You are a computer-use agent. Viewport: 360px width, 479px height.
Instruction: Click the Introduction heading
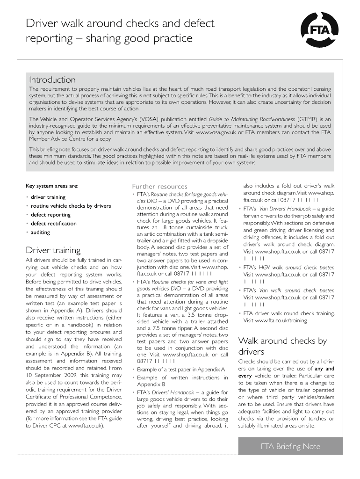pos(52,80)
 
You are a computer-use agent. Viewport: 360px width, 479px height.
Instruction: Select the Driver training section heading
pos(53,250)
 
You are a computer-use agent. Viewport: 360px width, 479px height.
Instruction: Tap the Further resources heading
pos(159,186)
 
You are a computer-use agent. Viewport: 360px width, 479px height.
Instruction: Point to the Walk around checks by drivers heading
pos(282,346)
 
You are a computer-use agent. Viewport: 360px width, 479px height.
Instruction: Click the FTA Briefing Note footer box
pos(290,446)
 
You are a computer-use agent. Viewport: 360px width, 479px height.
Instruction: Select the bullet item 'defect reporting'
pos(50,215)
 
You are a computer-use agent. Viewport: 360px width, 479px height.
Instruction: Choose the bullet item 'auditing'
pos(40,232)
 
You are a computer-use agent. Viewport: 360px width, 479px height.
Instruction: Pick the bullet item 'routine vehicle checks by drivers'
pos(71,206)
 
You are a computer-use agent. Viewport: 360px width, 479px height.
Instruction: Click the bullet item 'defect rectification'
pos(53,224)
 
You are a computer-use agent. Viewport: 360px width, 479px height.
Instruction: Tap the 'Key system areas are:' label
pos(52,186)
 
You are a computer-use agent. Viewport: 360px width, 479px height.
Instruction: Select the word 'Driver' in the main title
pos(42,23)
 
